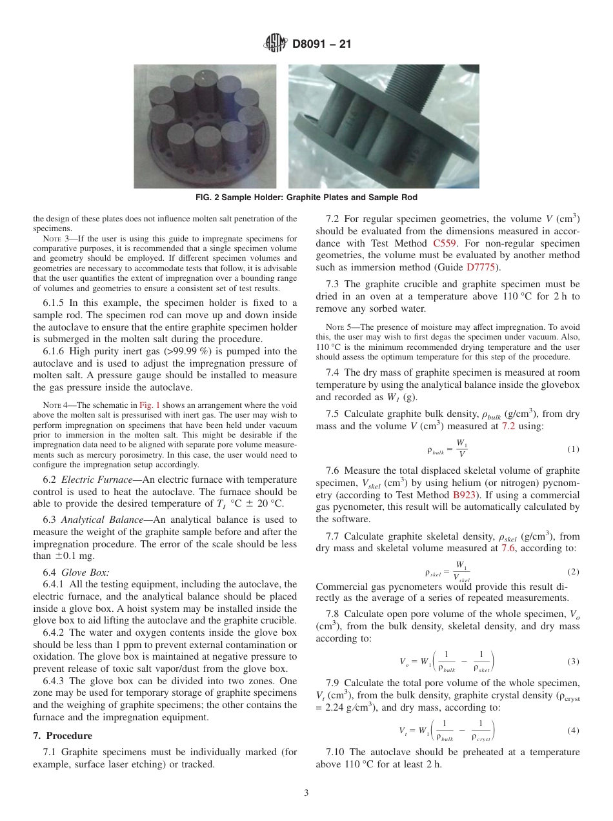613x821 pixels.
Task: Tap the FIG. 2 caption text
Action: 306,198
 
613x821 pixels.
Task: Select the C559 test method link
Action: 445,243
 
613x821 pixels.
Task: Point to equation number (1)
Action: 572,449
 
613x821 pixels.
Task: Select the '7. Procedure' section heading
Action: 63,736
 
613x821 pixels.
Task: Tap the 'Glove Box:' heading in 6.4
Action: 85,572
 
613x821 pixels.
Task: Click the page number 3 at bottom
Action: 306,793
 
